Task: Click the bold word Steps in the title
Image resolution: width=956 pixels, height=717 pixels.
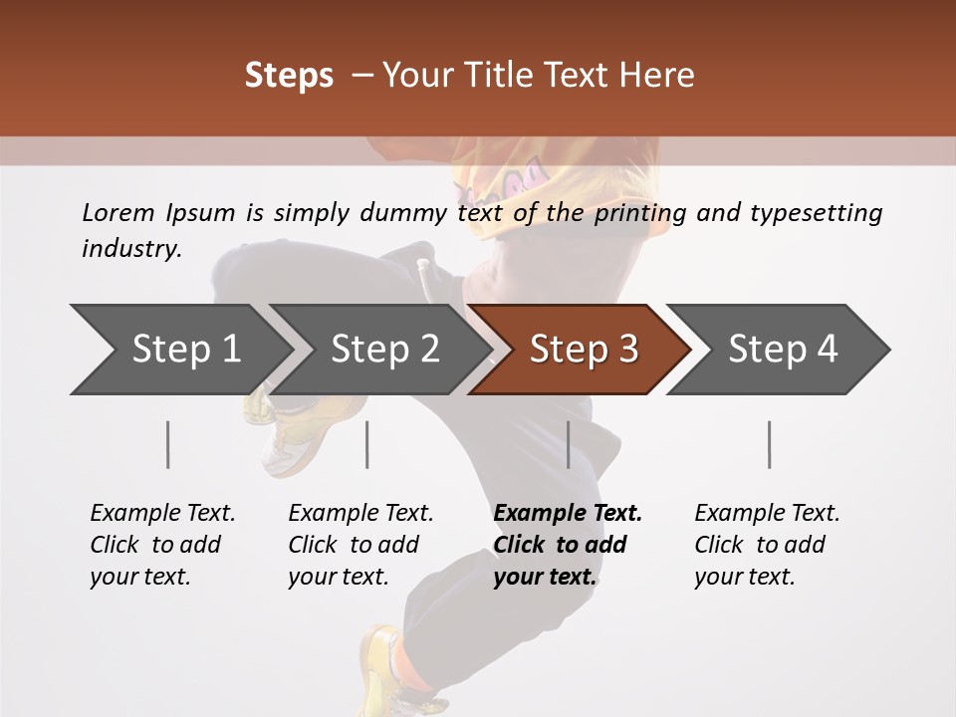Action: point(289,76)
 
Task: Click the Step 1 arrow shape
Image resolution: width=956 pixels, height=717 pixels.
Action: point(179,350)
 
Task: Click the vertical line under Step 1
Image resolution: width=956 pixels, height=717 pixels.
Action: point(168,444)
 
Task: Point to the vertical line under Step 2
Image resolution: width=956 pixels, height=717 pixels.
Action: point(367,444)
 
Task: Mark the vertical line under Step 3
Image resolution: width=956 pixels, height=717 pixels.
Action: point(568,444)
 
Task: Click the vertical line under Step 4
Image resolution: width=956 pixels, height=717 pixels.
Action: point(770,444)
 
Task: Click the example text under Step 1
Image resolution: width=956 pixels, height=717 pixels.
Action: point(161,545)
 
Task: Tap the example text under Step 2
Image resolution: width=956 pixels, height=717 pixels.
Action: point(359,545)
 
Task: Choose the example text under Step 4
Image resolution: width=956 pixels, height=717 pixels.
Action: point(766,545)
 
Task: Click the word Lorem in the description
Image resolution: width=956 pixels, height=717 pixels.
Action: point(118,213)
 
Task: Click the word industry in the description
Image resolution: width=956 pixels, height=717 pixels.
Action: point(130,249)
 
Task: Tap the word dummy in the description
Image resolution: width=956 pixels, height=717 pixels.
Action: point(403,213)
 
